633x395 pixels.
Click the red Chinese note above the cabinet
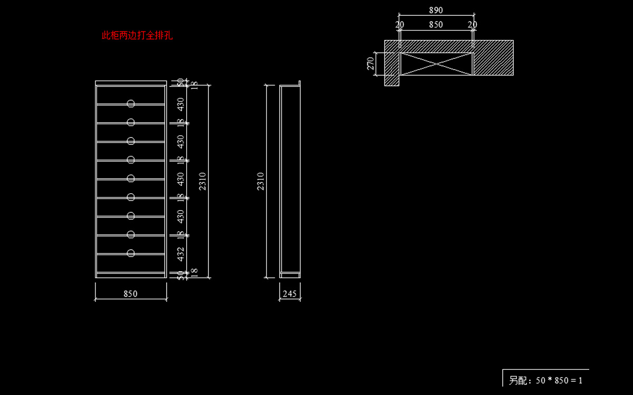(x=137, y=36)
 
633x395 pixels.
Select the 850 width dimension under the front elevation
(x=130, y=294)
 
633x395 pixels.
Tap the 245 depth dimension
(x=290, y=294)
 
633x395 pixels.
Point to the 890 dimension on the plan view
(x=436, y=10)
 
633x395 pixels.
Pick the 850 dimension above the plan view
(x=436, y=25)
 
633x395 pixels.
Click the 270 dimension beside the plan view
(x=371, y=64)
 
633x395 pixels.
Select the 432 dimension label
(x=181, y=254)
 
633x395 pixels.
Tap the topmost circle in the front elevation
(x=131, y=103)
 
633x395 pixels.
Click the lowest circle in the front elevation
(x=131, y=253)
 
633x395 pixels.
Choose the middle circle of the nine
(x=131, y=178)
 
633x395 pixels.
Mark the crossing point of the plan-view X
(x=436, y=64)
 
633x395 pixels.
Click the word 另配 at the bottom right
(x=518, y=380)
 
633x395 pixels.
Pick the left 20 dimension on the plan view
(x=400, y=25)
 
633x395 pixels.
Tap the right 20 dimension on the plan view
(x=472, y=25)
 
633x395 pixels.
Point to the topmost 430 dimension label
(x=181, y=104)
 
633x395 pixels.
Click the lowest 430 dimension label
(x=181, y=216)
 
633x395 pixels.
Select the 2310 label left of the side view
(x=261, y=181)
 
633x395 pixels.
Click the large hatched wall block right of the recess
(x=493, y=57)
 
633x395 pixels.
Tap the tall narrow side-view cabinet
(x=290, y=181)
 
